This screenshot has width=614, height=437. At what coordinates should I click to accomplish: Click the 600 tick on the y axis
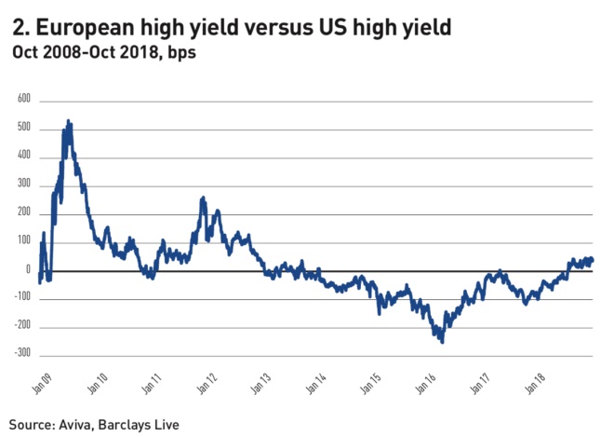[24, 99]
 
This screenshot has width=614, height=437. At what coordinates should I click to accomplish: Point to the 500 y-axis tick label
[24, 128]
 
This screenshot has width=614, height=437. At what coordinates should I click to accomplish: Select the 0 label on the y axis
[28, 270]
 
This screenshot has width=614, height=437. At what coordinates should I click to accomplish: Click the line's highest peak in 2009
[69, 121]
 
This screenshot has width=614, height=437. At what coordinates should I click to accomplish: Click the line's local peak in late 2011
[203, 198]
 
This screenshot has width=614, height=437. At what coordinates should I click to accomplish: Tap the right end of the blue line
[593, 260]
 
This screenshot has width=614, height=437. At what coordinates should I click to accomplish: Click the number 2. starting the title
[21, 27]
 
